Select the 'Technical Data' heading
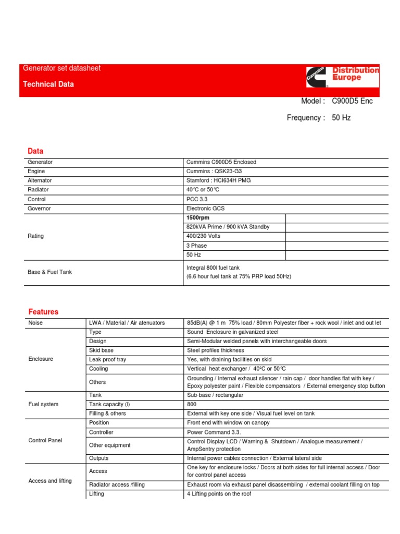coord(48,84)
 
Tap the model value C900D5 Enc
coord(352,101)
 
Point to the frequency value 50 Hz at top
coord(341,118)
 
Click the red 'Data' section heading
coord(35,151)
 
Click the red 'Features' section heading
coord(43,312)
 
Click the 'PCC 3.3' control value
coord(196,199)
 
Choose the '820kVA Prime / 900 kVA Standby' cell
coord(228,227)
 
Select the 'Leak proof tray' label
coord(107,359)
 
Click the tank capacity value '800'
coord(192,404)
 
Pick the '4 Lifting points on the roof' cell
coord(219,494)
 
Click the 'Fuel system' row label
coord(43,404)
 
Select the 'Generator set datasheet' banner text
coord(61,68)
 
